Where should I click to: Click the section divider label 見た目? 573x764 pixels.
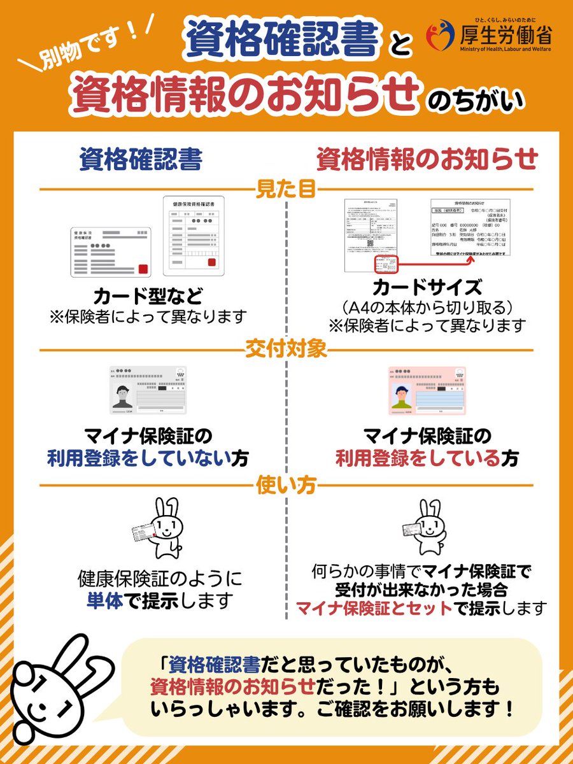(x=286, y=190)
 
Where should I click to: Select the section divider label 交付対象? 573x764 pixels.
(x=286, y=349)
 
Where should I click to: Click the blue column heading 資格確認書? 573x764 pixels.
(x=140, y=160)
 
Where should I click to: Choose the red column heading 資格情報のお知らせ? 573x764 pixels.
(x=427, y=160)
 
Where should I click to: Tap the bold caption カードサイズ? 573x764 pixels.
(x=427, y=287)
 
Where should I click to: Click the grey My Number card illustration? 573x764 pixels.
(x=148, y=391)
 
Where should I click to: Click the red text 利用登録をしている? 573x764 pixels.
(x=418, y=458)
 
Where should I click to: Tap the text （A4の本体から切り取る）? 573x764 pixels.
(x=427, y=307)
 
